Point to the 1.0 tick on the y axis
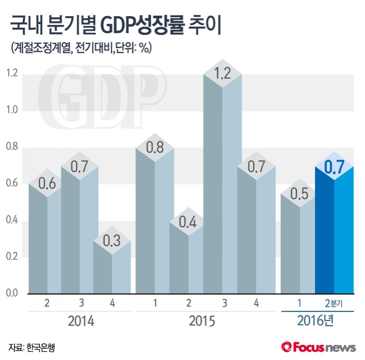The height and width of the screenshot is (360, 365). pyautogui.click(x=11, y=111)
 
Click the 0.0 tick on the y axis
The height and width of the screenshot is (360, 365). pyautogui.click(x=11, y=294)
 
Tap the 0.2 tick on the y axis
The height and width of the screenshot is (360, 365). pyautogui.click(x=11, y=257)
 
